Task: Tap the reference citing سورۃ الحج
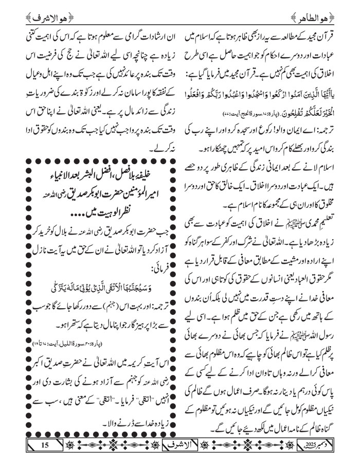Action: [217, 111]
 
